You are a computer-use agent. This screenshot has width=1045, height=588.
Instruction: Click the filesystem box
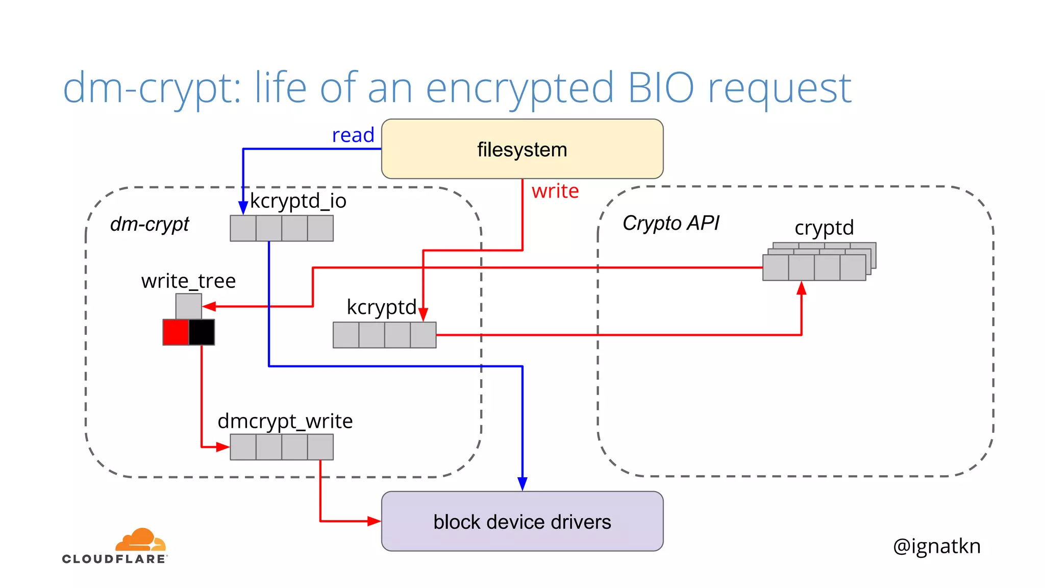pyautogui.click(x=522, y=149)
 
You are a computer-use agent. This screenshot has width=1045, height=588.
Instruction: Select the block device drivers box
pyautogui.click(x=522, y=521)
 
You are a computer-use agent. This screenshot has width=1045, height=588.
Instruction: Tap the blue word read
pyautogui.click(x=353, y=135)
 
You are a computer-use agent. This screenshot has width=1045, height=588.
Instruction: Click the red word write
pyautogui.click(x=555, y=191)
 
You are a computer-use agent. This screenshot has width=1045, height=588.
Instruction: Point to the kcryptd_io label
pyautogui.click(x=298, y=201)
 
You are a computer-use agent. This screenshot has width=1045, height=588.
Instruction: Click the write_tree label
pyautogui.click(x=188, y=281)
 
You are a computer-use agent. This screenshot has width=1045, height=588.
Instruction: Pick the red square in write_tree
pyautogui.click(x=176, y=332)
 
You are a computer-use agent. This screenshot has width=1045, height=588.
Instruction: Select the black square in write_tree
pyautogui.click(x=202, y=332)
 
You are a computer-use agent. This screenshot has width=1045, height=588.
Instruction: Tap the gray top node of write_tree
pyautogui.click(x=188, y=306)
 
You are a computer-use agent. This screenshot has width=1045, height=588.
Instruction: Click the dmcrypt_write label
pyautogui.click(x=285, y=421)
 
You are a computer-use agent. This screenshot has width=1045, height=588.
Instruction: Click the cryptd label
pyautogui.click(x=824, y=228)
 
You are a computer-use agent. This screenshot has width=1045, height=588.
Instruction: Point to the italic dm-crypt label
pyautogui.click(x=150, y=224)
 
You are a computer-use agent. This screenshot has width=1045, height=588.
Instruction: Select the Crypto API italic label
pyautogui.click(x=670, y=223)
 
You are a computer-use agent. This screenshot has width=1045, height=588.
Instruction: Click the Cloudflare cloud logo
pyautogui.click(x=140, y=540)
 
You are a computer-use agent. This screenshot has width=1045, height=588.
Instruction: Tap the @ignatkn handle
pyautogui.click(x=936, y=546)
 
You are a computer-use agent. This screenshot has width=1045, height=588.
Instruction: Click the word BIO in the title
pyautogui.click(x=661, y=88)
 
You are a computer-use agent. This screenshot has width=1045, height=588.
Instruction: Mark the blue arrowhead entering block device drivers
pyautogui.click(x=522, y=484)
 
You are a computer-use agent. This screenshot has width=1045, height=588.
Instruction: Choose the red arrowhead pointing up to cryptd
pyautogui.click(x=802, y=288)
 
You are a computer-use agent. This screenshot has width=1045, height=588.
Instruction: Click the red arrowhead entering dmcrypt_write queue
pyautogui.click(x=222, y=447)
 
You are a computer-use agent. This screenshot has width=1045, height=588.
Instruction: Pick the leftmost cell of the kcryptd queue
pyautogui.click(x=346, y=335)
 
